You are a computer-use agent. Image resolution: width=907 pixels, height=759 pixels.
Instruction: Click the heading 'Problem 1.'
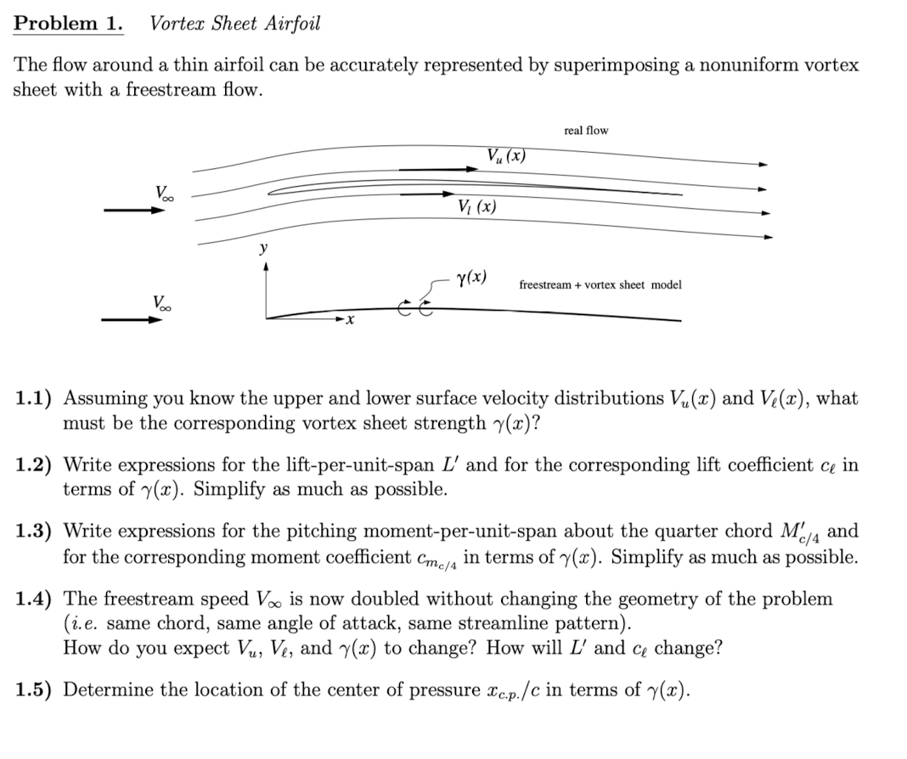pos(68,24)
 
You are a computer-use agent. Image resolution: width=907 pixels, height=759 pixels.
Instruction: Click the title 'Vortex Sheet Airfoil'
pos(235,24)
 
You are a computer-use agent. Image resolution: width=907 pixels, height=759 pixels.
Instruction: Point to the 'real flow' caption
pos(586,130)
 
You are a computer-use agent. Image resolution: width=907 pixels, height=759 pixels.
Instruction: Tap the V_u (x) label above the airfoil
pos(507,156)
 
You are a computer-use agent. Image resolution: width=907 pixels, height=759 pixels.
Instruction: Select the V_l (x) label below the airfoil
pos(476,206)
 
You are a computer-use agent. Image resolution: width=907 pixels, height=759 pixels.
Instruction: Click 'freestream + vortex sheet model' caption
pos(600,284)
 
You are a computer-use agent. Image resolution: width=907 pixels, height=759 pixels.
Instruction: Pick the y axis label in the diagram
pos(263,248)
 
